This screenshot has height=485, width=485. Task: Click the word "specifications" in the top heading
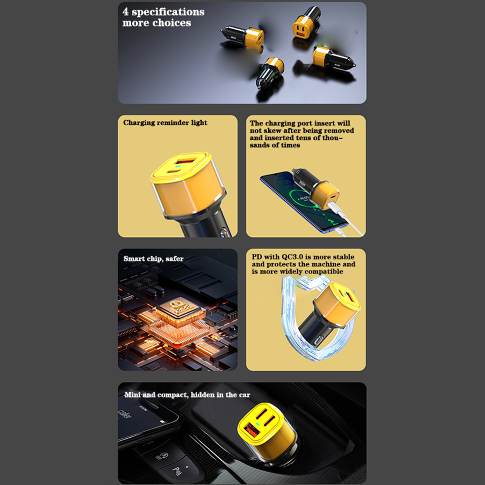[x=168, y=12]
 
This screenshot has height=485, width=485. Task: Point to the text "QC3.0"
[x=292, y=257]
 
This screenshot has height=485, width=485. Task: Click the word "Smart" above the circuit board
[x=134, y=259]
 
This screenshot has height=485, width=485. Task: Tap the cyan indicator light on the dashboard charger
[x=257, y=424]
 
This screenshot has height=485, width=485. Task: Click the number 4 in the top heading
[x=125, y=12]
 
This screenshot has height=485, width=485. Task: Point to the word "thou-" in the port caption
[x=333, y=138]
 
